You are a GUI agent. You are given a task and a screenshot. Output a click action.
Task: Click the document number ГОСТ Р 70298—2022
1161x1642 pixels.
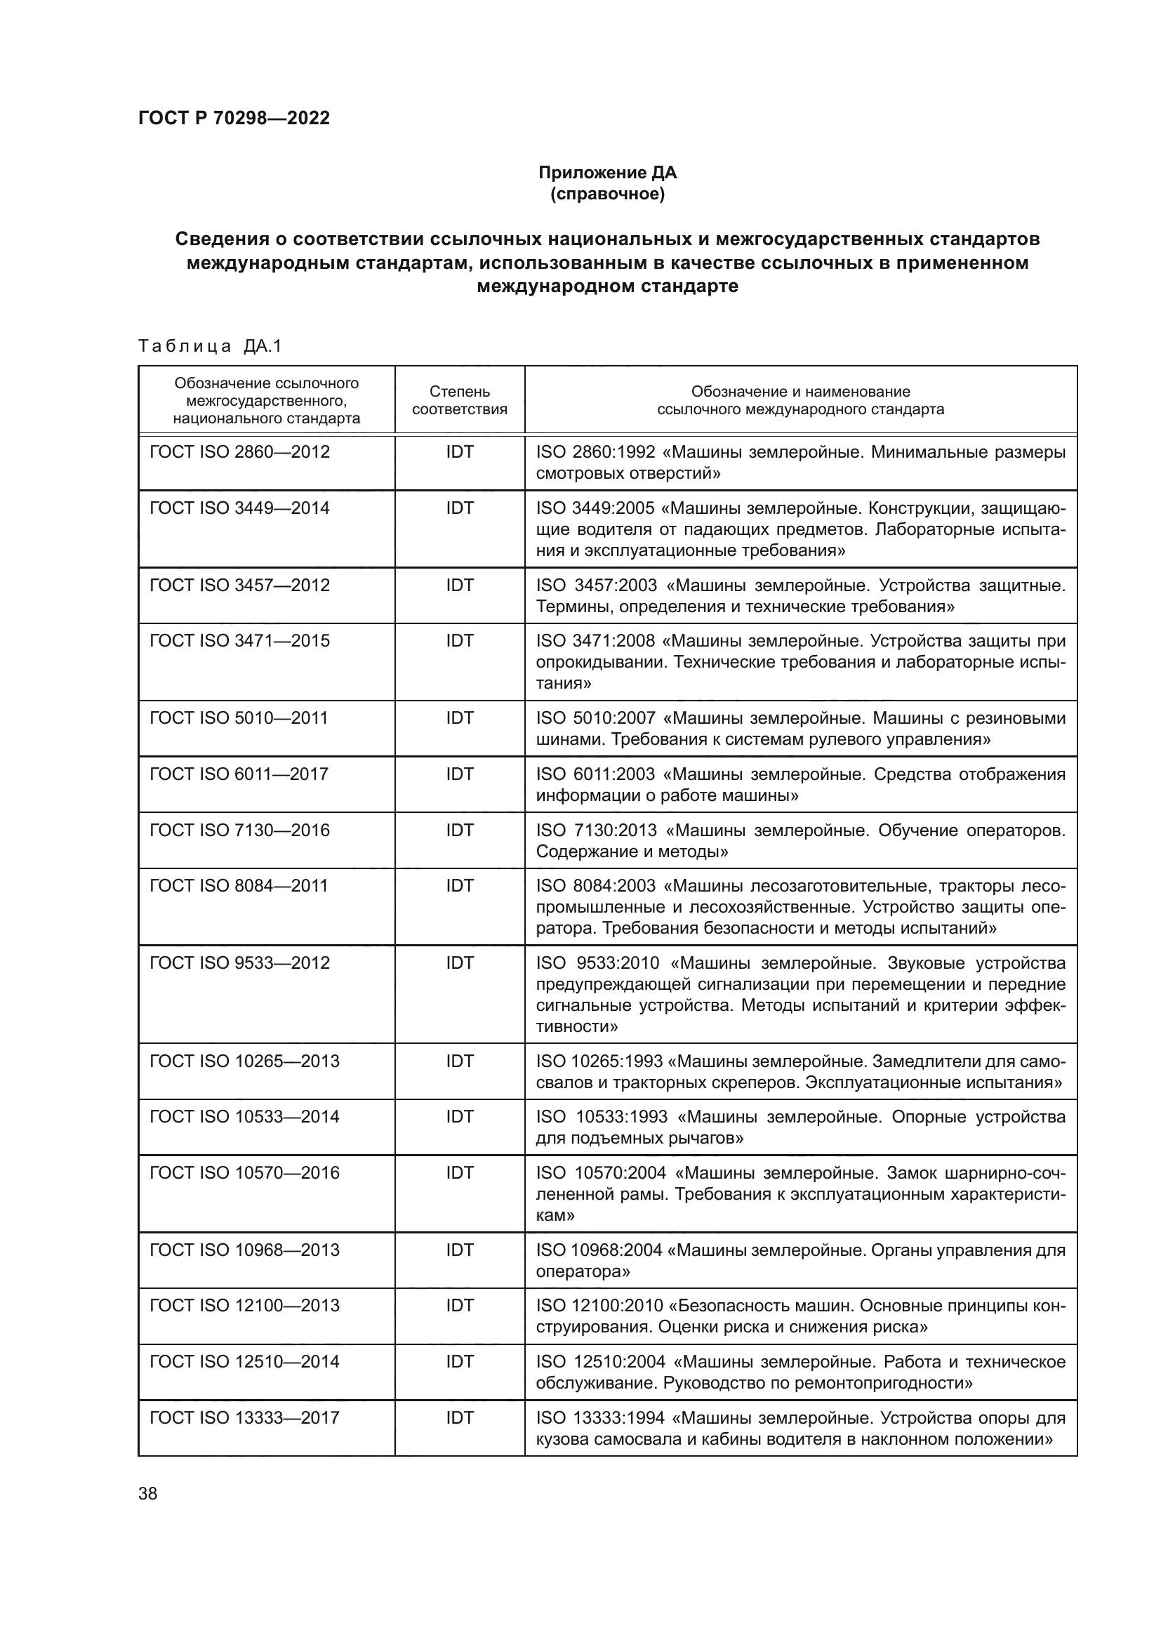tap(234, 118)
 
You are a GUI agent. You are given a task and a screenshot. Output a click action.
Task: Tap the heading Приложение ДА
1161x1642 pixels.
tap(607, 173)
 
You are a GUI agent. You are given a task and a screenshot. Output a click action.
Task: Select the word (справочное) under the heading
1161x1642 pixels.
tap(607, 194)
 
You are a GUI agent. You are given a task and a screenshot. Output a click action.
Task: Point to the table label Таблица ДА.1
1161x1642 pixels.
tap(210, 346)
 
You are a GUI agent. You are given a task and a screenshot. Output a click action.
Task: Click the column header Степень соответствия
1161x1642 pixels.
tap(460, 399)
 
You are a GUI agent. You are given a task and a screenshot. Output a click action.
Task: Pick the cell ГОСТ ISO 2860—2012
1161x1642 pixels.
tap(239, 452)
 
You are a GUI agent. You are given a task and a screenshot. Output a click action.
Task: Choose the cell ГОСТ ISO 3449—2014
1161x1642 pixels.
tap(239, 508)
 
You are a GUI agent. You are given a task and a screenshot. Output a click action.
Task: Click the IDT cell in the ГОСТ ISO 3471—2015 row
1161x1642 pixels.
tap(460, 641)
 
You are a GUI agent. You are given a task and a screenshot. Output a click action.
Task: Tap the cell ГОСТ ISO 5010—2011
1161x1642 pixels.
tap(239, 717)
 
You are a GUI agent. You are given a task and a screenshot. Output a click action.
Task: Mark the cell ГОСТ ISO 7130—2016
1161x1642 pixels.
tap(239, 830)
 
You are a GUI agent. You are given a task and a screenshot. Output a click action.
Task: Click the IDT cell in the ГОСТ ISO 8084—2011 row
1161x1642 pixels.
tap(460, 885)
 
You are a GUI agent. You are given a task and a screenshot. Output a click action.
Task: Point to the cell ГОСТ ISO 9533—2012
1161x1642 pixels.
tap(239, 962)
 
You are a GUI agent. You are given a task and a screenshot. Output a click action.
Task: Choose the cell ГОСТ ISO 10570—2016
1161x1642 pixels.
tap(244, 1173)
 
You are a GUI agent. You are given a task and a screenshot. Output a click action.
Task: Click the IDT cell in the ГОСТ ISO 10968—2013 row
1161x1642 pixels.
tap(460, 1250)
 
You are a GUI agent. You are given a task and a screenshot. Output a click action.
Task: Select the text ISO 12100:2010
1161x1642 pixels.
tap(599, 1306)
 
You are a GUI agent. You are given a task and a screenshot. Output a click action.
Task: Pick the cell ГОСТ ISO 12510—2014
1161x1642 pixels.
tap(244, 1362)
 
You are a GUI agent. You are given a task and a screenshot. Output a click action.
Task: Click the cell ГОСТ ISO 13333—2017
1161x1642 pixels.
tap(244, 1417)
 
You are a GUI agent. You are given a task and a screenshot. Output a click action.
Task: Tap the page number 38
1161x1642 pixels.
tap(148, 1494)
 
